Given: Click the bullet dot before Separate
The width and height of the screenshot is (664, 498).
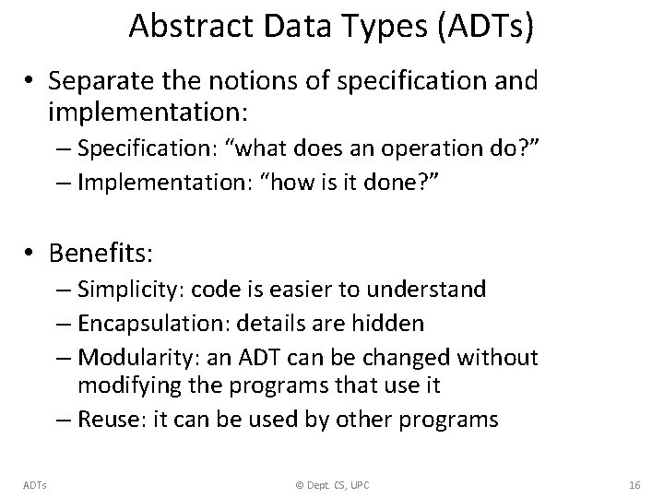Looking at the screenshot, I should click(x=32, y=81).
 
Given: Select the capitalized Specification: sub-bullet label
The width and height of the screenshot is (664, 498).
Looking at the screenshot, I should click(x=141, y=148).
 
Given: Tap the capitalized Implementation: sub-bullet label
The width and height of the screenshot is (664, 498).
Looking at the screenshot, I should click(x=150, y=181).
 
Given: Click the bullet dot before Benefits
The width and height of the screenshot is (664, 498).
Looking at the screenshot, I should click(x=32, y=252).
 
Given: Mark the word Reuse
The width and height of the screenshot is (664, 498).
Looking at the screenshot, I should click(x=107, y=420).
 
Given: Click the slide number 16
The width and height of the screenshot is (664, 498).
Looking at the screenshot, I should click(x=634, y=483).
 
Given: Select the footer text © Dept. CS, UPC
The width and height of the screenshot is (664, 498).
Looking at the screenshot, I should click(x=332, y=483).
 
